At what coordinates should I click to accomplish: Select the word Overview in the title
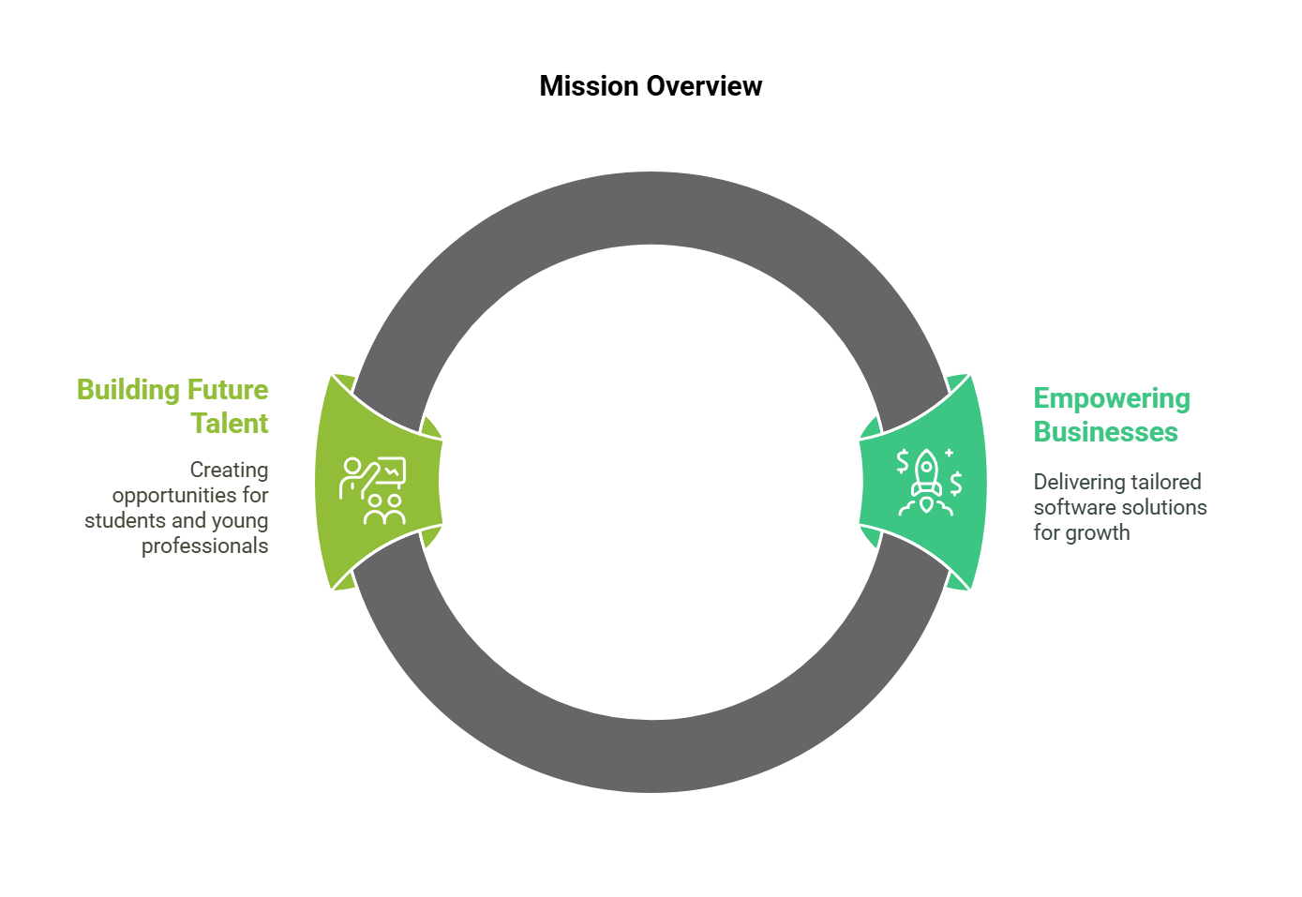pos(704,86)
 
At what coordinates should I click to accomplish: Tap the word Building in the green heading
pos(127,390)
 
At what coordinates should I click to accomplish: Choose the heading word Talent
pos(230,424)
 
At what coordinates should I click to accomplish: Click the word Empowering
pos(1112,399)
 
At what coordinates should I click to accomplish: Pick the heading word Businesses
pos(1105,432)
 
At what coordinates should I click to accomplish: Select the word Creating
pos(229,471)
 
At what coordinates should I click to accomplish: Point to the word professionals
pos(204,546)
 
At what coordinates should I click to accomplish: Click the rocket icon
pos(926,483)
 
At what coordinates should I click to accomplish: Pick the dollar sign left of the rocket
pos(903,461)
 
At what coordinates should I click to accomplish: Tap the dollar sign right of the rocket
pos(956,484)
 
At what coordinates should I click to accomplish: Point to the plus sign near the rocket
pos(950,453)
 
